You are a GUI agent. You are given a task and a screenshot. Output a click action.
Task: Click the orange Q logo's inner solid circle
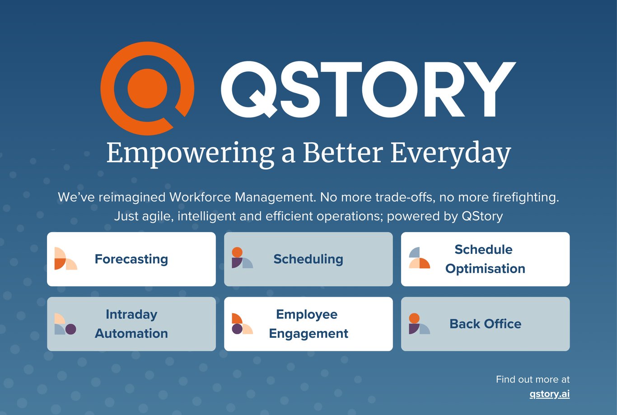click(x=147, y=89)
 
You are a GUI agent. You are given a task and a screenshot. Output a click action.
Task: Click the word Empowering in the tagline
click(x=191, y=154)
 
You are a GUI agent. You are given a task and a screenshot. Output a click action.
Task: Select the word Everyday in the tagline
click(x=451, y=154)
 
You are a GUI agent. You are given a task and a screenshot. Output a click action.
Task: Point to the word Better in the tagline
click(x=343, y=153)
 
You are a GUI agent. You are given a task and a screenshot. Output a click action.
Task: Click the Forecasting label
click(x=131, y=259)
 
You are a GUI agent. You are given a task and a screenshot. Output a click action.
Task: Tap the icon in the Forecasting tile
click(x=66, y=259)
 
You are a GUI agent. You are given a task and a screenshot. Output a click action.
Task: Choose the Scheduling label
click(x=308, y=259)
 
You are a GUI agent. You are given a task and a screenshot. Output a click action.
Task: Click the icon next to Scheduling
click(x=243, y=258)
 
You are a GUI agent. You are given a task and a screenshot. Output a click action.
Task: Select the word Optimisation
click(x=486, y=269)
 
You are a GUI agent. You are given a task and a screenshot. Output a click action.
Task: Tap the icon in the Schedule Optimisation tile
click(x=420, y=258)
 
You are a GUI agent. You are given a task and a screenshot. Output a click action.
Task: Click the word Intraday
click(x=131, y=314)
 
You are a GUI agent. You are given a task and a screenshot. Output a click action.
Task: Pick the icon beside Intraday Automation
click(x=65, y=324)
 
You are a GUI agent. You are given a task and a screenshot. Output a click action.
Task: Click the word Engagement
click(x=308, y=333)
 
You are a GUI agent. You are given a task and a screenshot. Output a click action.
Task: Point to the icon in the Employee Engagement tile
click(x=243, y=324)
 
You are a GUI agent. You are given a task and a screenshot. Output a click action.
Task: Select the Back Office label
click(x=486, y=324)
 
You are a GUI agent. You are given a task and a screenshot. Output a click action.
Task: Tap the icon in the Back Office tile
click(x=420, y=324)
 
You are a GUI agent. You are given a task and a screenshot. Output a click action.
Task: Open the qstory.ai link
click(x=550, y=394)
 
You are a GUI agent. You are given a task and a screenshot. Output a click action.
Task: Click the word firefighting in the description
click(x=526, y=198)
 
